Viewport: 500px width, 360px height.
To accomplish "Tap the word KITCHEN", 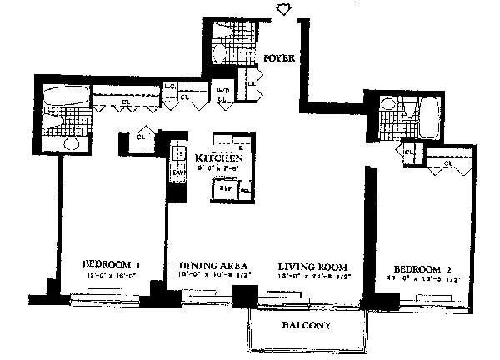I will tap(219, 158).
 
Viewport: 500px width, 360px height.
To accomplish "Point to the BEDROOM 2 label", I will tap(422, 267).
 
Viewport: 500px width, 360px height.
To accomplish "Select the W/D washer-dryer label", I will tap(223, 90).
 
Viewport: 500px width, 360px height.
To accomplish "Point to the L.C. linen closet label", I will tap(169, 87).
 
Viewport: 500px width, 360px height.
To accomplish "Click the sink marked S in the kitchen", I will tap(177, 153).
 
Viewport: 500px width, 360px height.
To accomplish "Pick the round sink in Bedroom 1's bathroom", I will tap(71, 143).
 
